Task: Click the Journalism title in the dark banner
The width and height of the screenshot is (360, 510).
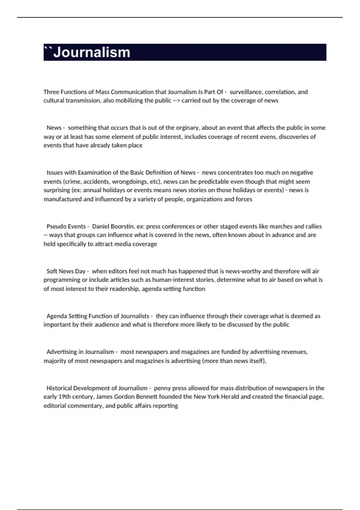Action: click(91, 52)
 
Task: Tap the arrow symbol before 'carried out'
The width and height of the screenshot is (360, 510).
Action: click(176, 100)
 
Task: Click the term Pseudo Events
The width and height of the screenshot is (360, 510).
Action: click(66, 226)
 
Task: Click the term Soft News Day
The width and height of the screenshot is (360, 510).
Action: click(66, 271)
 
